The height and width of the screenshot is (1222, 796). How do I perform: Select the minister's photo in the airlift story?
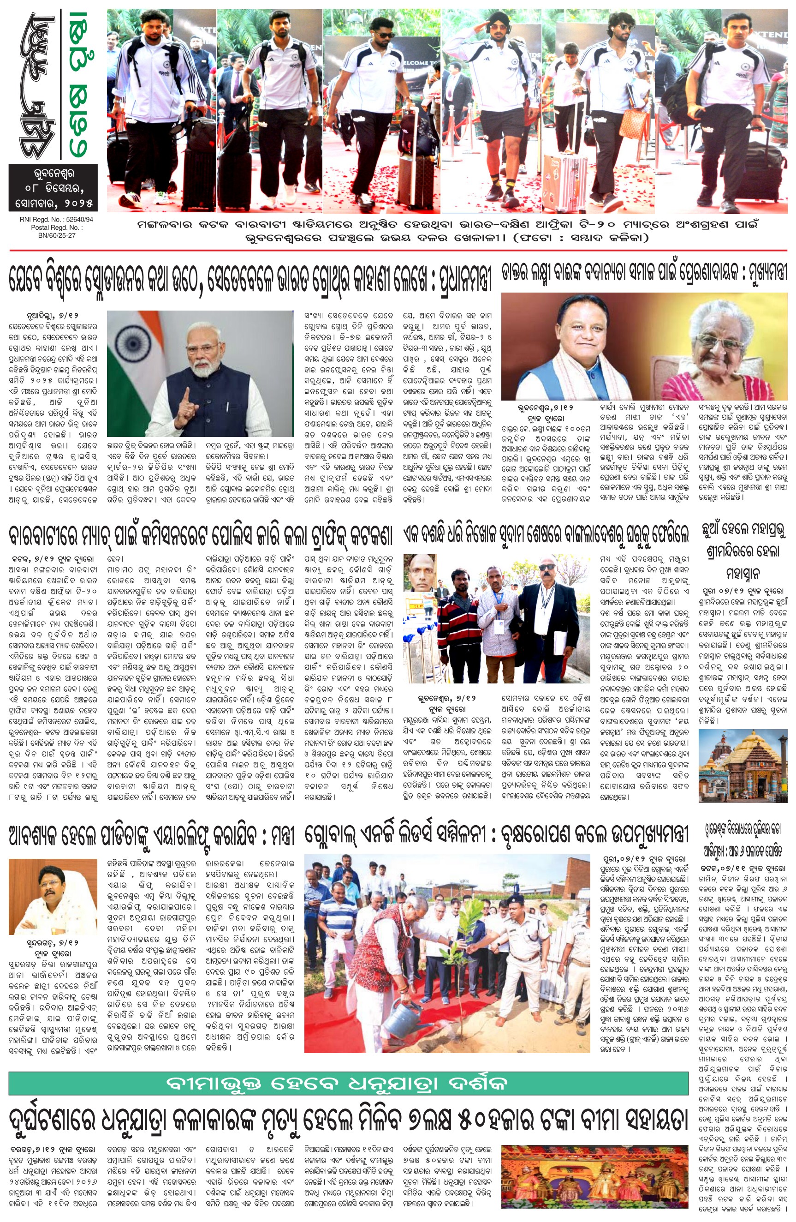(53, 897)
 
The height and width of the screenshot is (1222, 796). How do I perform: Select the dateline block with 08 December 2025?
(53, 187)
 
